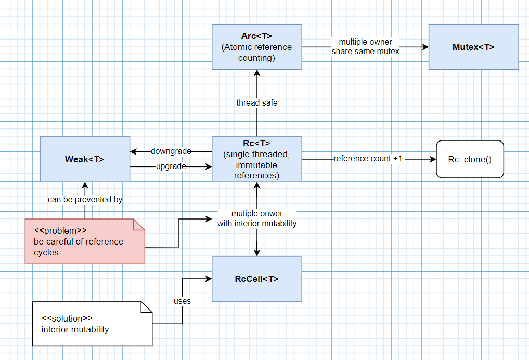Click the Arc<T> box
coord(256,47)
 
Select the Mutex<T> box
coord(473,47)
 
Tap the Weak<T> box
coord(85,159)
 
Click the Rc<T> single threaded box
coord(256,159)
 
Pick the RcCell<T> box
coord(256,279)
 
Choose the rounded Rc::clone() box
coord(470,159)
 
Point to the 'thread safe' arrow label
coord(257,103)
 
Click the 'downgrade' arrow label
coord(171,151)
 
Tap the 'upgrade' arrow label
coord(171,166)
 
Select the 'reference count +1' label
coord(368,159)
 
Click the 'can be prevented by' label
coord(85,199)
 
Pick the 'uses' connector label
coord(182,301)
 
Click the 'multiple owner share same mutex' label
coord(366,47)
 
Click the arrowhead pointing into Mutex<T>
coord(425,47)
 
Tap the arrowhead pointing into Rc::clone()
coord(432,159)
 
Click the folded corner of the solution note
coord(146,307)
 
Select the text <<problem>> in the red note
coord(60,230)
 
